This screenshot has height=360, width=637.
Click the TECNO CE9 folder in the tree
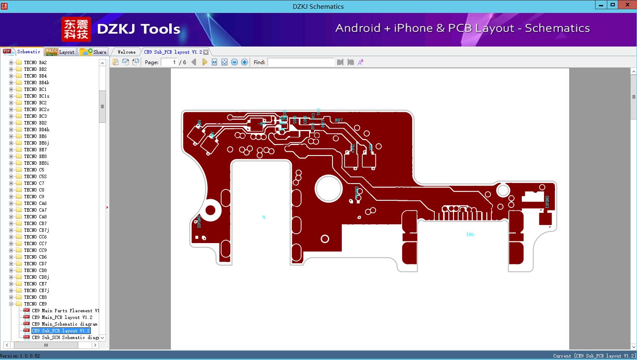(x=35, y=304)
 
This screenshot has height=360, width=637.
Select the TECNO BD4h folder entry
(x=36, y=129)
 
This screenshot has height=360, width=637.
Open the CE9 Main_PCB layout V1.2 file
(x=62, y=317)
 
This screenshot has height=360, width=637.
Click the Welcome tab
(x=126, y=52)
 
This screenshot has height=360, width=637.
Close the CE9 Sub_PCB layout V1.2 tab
(x=206, y=52)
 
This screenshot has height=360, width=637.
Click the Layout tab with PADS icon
(x=60, y=52)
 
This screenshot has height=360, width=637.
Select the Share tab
(x=93, y=52)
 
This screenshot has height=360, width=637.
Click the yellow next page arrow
(x=204, y=62)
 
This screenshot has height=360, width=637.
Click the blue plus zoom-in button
(x=245, y=62)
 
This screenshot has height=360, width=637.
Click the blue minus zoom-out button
(x=235, y=62)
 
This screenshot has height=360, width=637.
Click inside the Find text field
(x=301, y=62)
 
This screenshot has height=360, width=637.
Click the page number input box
(x=169, y=62)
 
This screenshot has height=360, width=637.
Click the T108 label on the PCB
(x=338, y=120)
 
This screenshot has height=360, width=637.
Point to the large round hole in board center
(x=329, y=189)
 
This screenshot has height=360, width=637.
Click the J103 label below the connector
(x=470, y=234)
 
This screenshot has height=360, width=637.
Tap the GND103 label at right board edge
(x=547, y=202)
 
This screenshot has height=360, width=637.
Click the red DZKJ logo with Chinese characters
(x=76, y=29)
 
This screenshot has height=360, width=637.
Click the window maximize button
(x=613, y=5)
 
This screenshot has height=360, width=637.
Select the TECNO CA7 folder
(x=35, y=210)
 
